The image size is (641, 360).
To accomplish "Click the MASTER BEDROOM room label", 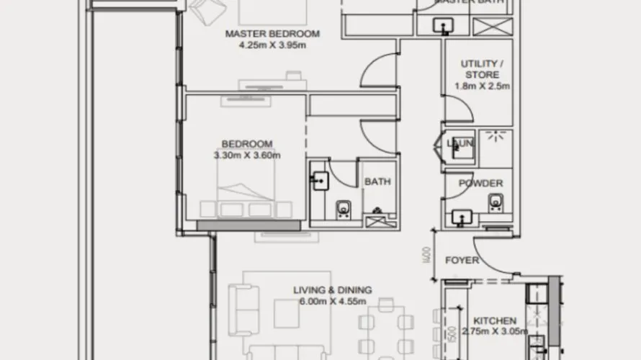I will click(x=272, y=33).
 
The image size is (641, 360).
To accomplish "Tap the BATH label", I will click(x=377, y=182).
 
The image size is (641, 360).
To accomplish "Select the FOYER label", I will click(x=462, y=260).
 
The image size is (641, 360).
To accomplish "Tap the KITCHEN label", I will click(x=494, y=320).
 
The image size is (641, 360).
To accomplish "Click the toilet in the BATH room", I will click(x=343, y=208).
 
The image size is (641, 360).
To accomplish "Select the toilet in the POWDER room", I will click(x=495, y=202).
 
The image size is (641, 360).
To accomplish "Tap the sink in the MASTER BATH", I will click(x=441, y=27).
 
